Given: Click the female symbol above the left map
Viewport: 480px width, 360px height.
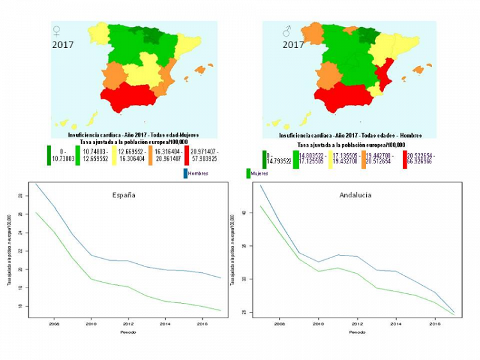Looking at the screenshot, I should pos(56,31).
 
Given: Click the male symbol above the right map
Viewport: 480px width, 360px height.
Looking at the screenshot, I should pos(287,31).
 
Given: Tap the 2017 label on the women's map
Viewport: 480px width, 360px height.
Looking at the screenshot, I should pos(63,45).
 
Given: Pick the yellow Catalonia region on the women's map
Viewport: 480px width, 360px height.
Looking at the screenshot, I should pos(189,44).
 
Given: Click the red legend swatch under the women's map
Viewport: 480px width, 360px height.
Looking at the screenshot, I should pos(186,154).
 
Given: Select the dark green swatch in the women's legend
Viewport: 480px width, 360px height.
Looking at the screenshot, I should pos(49,154).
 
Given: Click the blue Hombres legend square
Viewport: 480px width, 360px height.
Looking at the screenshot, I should pos(185,173).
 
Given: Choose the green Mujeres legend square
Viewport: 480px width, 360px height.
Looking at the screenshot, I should pos(248,173).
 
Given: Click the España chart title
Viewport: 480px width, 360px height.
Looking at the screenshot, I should pos(123,195).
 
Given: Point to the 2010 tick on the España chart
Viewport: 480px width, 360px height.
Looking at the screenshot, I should pos(90,324).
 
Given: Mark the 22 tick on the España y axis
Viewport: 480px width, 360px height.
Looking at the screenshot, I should pos(20,251).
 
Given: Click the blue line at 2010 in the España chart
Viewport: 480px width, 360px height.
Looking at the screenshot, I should pos(90,255).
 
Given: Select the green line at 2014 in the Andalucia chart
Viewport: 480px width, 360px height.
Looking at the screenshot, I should pos(397,291).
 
